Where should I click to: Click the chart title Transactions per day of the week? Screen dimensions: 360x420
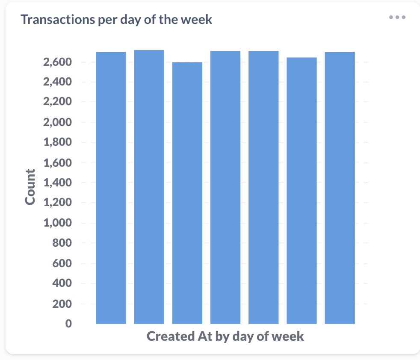(116, 19)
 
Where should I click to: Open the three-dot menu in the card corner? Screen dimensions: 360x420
(397, 18)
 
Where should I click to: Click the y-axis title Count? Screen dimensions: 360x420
(30, 187)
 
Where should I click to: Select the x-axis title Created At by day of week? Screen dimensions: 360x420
(225, 336)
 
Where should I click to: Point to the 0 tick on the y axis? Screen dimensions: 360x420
(68, 324)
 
